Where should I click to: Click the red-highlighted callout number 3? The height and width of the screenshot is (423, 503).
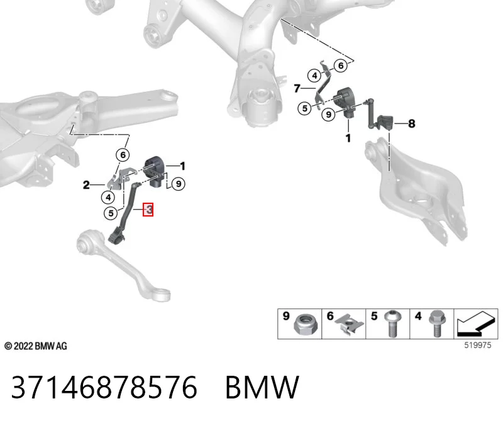(148, 210)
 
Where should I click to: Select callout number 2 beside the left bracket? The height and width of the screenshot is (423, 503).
(86, 185)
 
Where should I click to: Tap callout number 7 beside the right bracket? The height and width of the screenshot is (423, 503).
(297, 88)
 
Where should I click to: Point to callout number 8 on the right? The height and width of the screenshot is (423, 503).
(412, 123)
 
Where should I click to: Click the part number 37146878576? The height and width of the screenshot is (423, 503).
(104, 387)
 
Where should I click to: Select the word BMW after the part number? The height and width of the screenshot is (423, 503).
(262, 387)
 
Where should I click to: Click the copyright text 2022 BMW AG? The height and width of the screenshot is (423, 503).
(36, 346)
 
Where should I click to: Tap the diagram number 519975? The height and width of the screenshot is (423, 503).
(478, 346)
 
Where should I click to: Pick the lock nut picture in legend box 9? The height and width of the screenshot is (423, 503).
(306, 325)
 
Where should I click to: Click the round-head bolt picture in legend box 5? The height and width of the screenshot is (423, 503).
(392, 324)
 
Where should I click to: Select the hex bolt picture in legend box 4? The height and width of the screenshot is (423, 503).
(436, 324)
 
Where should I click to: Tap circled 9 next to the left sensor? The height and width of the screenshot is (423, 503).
(179, 184)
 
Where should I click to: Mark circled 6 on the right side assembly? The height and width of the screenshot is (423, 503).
(341, 66)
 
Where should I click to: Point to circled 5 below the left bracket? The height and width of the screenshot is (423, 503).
(111, 213)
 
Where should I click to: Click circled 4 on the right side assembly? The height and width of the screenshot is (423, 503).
(314, 76)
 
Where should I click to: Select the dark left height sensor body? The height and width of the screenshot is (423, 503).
(155, 171)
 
